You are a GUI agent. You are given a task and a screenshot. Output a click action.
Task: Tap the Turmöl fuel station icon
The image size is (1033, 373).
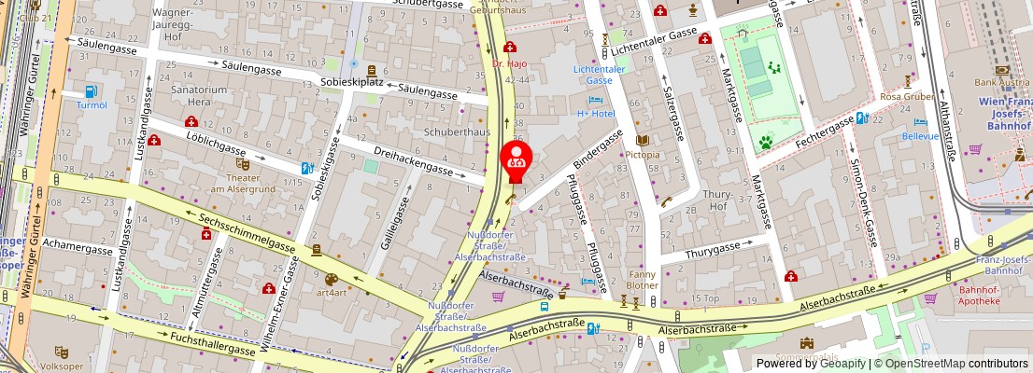pos(92,91)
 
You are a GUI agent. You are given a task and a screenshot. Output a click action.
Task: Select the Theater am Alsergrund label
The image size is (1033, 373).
pos(242,182)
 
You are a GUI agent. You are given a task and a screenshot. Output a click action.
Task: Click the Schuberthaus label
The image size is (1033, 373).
pos(458,132)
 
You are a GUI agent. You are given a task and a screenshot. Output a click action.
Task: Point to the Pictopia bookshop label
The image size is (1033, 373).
pos(642,154)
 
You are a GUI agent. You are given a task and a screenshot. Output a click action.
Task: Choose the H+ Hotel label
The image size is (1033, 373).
pos(595,114)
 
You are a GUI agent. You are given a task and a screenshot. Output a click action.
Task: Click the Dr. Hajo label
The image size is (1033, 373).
pos(510,64)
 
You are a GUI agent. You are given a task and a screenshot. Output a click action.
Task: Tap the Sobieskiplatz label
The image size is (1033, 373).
pos(353,82)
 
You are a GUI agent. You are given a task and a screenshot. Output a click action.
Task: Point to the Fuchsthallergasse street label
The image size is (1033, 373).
pos(200,342)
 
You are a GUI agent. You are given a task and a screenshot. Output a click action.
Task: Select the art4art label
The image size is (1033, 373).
pos(331,292)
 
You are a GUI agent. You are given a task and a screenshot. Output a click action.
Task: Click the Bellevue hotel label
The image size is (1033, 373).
pos(920,135)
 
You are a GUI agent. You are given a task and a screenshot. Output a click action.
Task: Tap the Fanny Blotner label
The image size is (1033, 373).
pos(643,280)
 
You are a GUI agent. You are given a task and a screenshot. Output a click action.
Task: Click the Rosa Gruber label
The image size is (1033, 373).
pos(907,96)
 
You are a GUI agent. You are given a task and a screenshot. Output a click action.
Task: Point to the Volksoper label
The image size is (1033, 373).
pos(62,366)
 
